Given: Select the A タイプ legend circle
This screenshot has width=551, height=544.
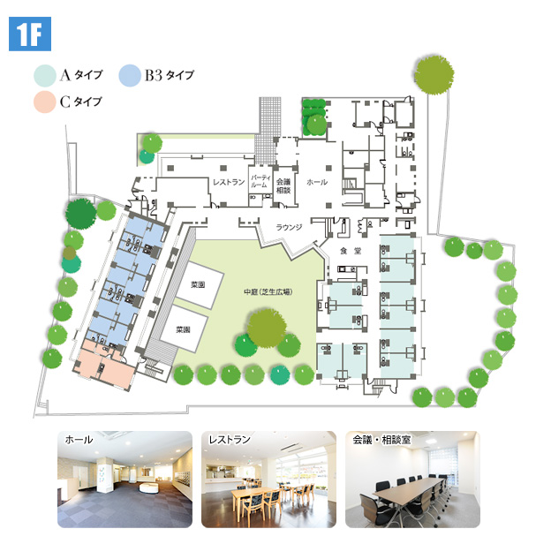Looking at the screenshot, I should coord(44,75).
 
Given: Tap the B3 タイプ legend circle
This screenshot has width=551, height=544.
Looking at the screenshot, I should coord(130,75).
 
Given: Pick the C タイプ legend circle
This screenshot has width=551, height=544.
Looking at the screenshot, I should coord(44,102).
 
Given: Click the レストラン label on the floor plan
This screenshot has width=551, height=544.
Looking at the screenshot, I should coord(229,182).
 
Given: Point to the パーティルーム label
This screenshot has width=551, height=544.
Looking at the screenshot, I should coord(260,181).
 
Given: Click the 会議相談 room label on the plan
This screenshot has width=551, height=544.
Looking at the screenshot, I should coord(283,183).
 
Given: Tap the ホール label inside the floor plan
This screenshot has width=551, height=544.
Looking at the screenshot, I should coord(316,182).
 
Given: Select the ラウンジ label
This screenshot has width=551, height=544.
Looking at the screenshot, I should coord(289,227).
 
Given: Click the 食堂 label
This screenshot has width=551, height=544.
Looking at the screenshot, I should coord(351,252).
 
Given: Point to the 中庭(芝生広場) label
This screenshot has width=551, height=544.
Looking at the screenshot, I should coord(268,291).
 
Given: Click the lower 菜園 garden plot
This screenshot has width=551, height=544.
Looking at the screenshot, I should coord(184,329).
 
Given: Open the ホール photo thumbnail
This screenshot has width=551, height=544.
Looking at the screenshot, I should coord(125,478).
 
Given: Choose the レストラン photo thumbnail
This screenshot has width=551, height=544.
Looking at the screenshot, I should coord(268,478).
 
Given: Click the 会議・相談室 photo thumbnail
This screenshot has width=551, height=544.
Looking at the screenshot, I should coord(411,478).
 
